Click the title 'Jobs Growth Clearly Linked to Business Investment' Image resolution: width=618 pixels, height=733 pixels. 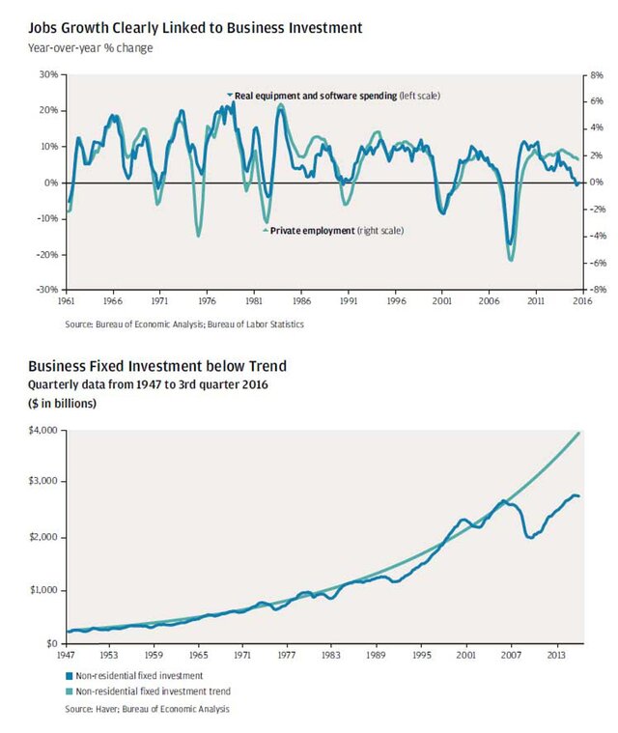tap(195, 29)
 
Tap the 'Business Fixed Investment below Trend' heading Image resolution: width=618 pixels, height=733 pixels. tap(157, 366)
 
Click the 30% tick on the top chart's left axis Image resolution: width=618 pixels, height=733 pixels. tap(47, 73)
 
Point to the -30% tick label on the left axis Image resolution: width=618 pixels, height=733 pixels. tap(45, 289)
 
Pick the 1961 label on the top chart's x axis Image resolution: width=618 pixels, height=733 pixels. tap(68, 301)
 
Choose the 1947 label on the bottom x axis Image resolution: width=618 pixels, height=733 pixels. tap(67, 654)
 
